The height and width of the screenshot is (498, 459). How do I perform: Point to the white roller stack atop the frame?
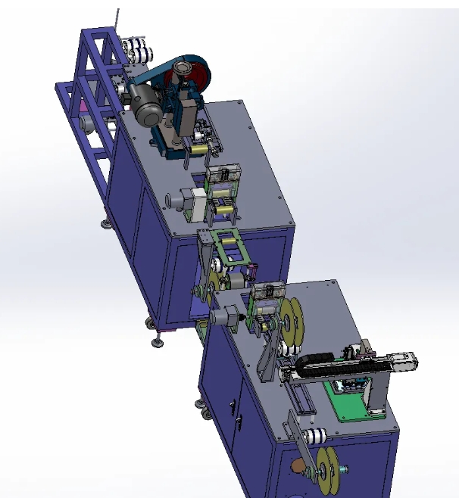point(139,51)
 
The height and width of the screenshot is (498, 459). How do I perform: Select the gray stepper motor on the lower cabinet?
point(226,318)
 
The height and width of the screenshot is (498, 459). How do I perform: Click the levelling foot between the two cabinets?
point(158,342)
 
